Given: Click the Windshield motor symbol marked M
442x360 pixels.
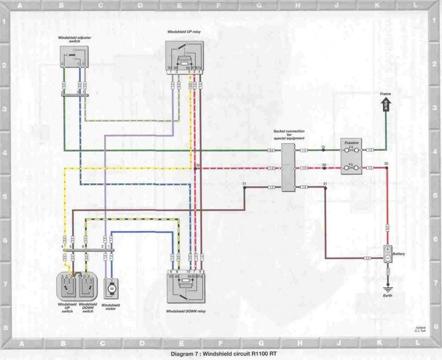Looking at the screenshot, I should tap(111, 287).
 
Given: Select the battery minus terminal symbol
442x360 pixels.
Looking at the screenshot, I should tap(388, 258).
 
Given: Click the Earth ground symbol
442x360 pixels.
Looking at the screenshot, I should tap(388, 287).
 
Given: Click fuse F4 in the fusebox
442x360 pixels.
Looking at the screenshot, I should tap(351, 150).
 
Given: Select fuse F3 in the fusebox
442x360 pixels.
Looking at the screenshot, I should tap(351, 167).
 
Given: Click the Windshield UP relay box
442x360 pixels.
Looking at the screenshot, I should tap(184, 56).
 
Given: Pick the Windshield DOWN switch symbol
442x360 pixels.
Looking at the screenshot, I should tap(88, 285).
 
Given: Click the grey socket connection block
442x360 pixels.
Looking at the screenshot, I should tap(288, 167).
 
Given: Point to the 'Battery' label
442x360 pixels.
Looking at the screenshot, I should tap(399, 254).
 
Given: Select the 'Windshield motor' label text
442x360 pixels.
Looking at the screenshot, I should tap(111, 307).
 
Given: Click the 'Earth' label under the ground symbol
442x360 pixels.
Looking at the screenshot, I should tap(388, 296).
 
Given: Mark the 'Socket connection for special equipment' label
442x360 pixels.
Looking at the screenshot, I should tap(289, 135).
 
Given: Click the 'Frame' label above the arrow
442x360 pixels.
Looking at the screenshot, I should tap(385, 94).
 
